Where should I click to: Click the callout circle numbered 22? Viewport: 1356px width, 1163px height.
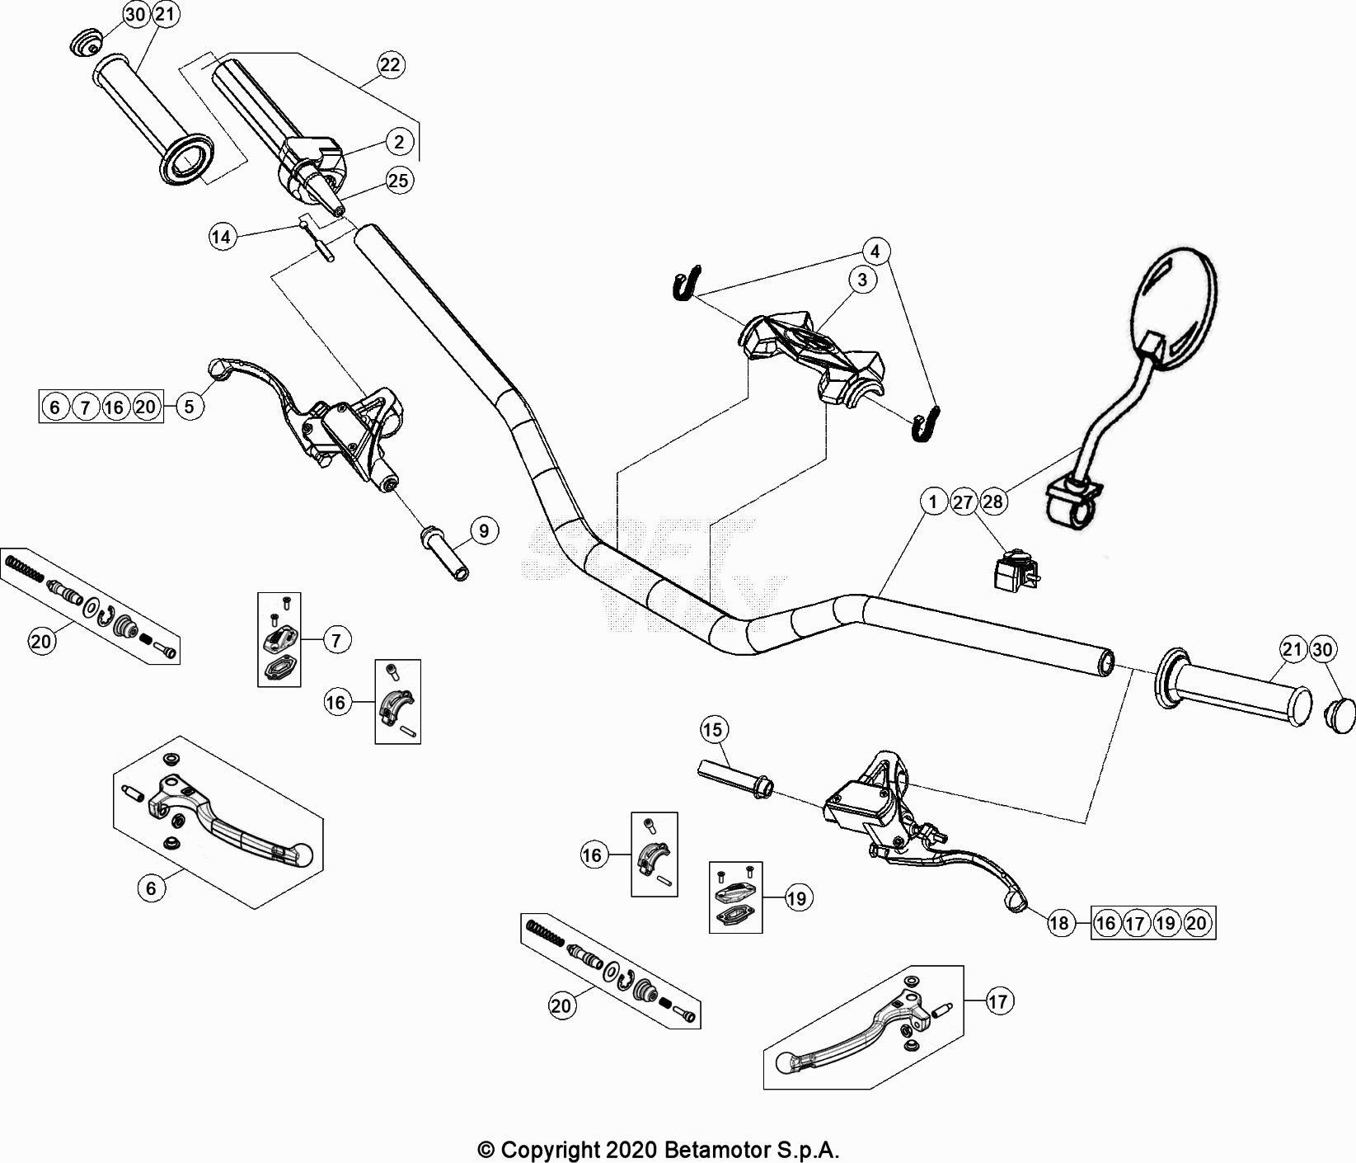[390, 65]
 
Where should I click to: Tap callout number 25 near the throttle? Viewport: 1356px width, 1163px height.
[398, 181]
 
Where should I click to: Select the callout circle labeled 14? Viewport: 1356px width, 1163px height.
[222, 238]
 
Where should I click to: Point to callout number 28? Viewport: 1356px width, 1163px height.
[993, 501]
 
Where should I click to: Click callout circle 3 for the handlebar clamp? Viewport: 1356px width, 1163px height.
[862, 280]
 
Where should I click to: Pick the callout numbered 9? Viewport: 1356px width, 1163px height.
[484, 530]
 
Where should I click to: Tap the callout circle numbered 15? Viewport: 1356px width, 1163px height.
[714, 729]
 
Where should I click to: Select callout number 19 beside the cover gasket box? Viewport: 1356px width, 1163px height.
[796, 898]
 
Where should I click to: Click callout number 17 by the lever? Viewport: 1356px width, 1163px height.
[997, 1001]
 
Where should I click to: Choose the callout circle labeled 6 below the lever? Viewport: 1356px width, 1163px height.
[151, 888]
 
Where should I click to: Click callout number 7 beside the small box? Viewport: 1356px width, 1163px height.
[337, 639]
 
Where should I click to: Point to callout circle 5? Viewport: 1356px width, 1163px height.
[190, 407]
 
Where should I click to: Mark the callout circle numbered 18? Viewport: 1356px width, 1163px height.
[1059, 923]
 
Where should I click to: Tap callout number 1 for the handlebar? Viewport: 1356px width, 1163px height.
[934, 501]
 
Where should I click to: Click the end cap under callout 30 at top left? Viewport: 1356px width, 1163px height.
[84, 42]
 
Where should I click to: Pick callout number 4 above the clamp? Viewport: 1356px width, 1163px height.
[875, 250]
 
